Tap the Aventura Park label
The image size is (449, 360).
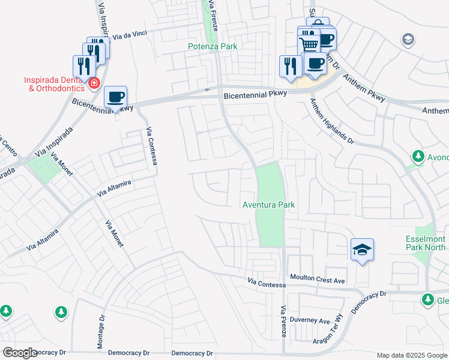tap(268, 205)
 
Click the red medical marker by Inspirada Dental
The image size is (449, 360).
tap(94, 83)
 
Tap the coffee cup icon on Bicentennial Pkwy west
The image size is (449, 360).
tap(115, 97)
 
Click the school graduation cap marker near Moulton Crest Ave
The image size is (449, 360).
tap(363, 249)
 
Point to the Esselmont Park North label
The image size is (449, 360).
tap(426, 242)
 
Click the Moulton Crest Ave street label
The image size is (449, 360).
tap(318, 280)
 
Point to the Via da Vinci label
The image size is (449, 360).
tap(130, 36)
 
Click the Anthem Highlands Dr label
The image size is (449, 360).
tap(332, 121)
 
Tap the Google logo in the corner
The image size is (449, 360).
tap(20, 353)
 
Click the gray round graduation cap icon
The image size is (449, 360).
tap(408, 40)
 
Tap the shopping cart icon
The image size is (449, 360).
tap(309, 43)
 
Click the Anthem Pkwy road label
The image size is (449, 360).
tap(366, 86)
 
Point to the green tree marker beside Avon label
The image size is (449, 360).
tap(418, 157)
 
